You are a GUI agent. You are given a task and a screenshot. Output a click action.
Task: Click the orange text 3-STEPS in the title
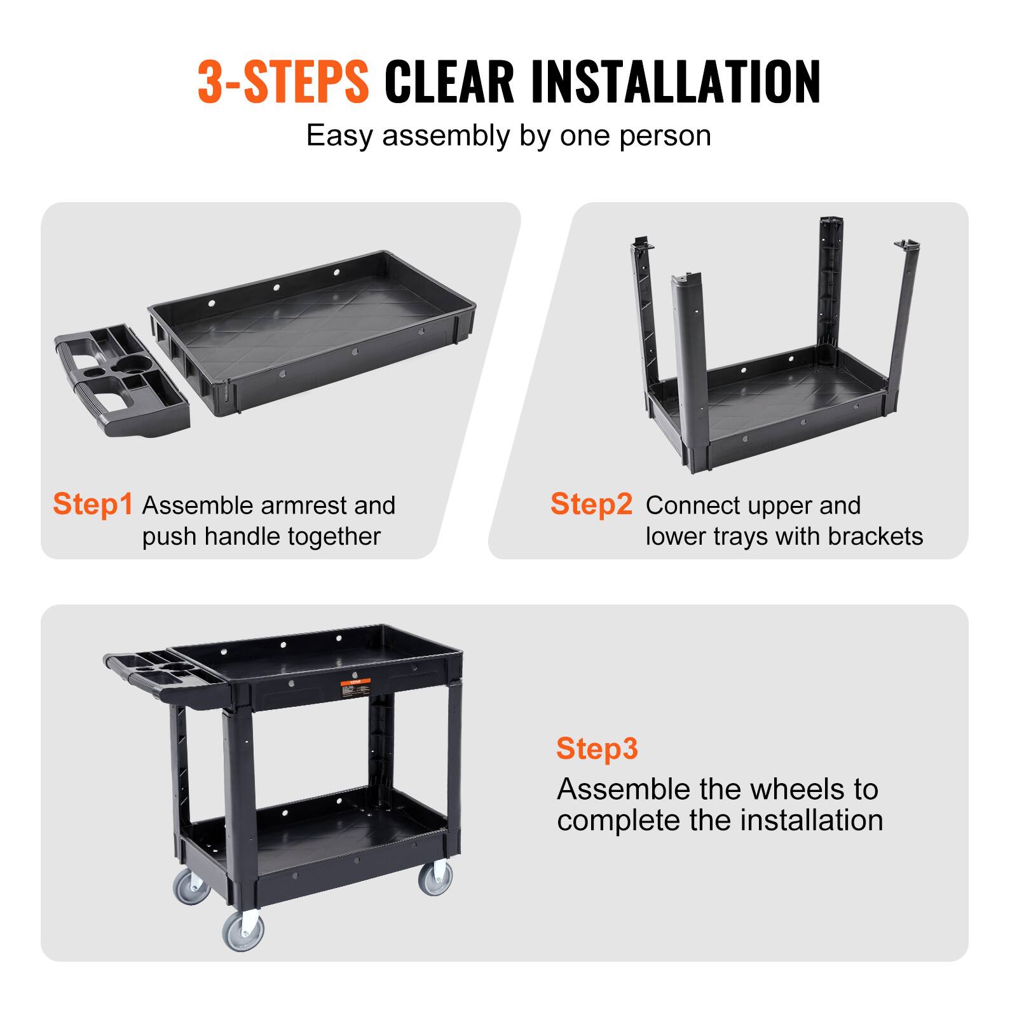click(283, 81)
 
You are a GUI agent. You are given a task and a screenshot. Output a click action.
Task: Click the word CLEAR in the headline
click(449, 81)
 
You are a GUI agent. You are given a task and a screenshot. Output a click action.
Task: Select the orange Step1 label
click(93, 504)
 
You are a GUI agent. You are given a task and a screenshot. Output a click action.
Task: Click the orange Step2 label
click(591, 504)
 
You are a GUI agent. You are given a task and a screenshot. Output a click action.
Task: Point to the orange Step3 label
click(596, 748)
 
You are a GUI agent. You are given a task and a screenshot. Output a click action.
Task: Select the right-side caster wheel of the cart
click(435, 878)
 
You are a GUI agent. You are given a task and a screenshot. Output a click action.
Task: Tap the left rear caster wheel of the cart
click(191, 885)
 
